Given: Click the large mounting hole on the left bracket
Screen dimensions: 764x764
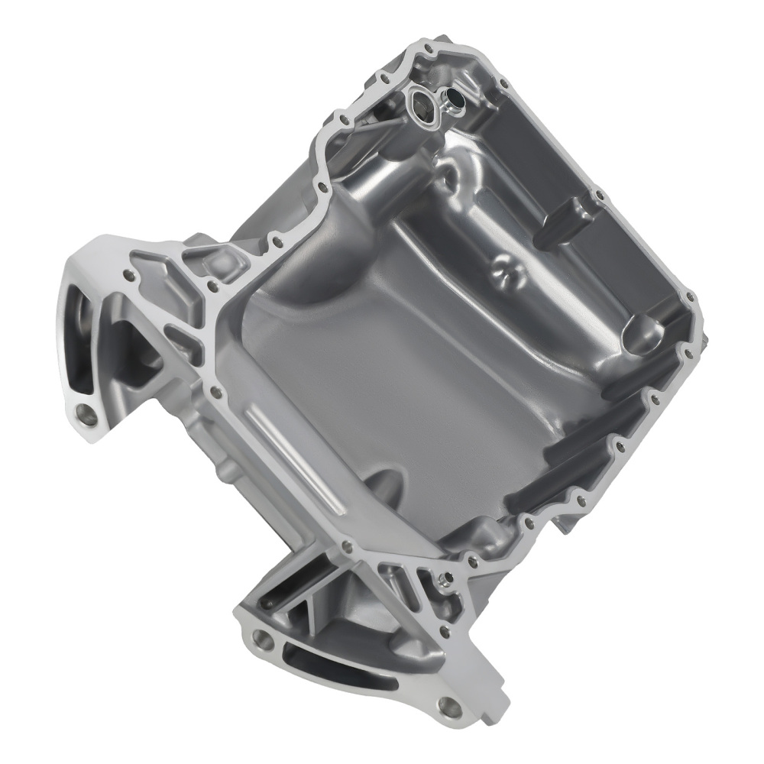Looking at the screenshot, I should click(86, 416).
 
